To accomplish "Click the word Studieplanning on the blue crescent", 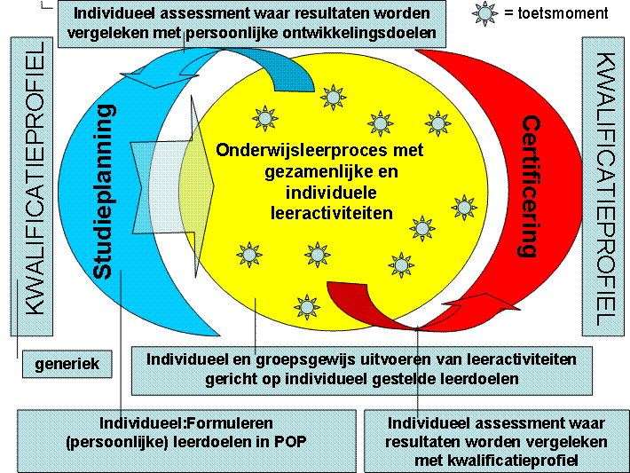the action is (x=105, y=192).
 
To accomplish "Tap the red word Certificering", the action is (x=529, y=186).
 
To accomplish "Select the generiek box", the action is (x=67, y=364).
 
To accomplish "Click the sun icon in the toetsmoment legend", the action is (x=484, y=13).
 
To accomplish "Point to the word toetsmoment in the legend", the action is (x=563, y=13).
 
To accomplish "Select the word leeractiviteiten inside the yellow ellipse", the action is (x=332, y=213).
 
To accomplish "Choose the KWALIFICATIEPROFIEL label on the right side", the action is (x=604, y=189).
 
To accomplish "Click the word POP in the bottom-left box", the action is (x=290, y=442).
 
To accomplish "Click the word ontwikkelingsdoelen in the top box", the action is (x=359, y=33).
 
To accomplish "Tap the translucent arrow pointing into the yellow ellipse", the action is (x=173, y=186).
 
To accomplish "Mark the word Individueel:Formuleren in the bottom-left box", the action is (x=186, y=423).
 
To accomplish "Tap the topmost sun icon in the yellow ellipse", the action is (x=333, y=98).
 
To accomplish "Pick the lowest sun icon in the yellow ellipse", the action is (x=307, y=307).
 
